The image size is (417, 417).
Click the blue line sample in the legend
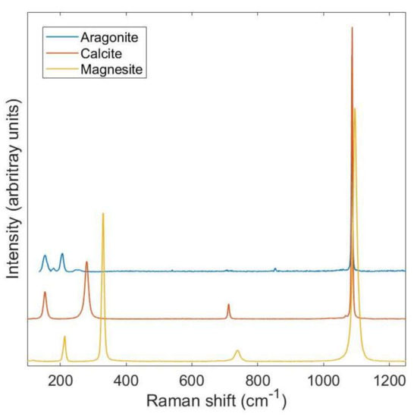tap(60, 36)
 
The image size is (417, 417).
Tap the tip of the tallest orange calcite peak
tap(352, 28)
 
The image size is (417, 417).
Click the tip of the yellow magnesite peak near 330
tap(103, 214)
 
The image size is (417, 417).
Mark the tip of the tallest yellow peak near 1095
tap(354, 109)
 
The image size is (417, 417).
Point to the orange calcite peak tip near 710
tap(228, 304)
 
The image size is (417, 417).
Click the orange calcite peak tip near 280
tap(86, 262)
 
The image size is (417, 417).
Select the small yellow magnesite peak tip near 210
tap(64, 337)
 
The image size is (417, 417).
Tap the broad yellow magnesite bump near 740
tap(237, 351)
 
